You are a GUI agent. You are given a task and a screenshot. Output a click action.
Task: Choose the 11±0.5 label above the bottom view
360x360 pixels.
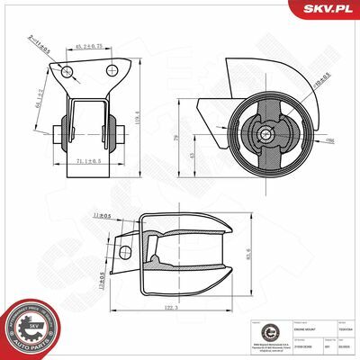[x=102, y=215]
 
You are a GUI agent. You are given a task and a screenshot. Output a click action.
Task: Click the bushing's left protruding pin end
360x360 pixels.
[x=58, y=135]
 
